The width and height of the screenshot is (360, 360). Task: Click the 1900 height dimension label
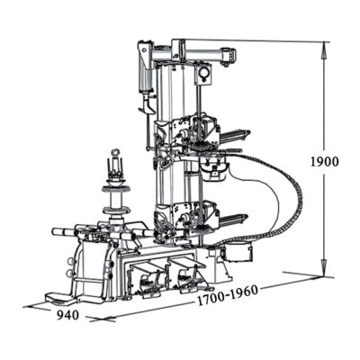pyautogui.click(x=324, y=162)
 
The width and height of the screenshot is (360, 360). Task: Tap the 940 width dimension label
pyautogui.click(x=67, y=315)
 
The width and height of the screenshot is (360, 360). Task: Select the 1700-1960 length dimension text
pyautogui.click(x=228, y=295)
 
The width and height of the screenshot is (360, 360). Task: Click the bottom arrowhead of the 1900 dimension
pyautogui.click(x=323, y=267)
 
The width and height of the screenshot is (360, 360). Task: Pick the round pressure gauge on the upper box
pyautogui.click(x=204, y=73)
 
